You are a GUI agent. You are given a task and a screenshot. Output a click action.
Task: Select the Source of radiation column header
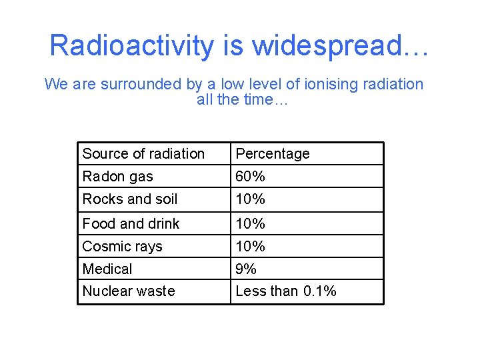(x=143, y=154)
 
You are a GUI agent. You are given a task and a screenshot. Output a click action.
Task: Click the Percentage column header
(x=273, y=154)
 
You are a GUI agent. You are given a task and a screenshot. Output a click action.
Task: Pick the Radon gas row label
(x=117, y=177)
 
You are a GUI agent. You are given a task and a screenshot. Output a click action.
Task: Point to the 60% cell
(x=251, y=177)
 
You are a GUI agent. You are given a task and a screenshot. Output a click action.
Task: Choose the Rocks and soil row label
(x=130, y=199)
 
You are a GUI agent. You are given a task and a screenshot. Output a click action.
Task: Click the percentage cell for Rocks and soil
(x=251, y=199)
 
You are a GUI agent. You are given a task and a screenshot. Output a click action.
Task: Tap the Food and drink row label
(x=131, y=224)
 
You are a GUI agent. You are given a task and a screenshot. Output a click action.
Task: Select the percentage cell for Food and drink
(x=251, y=224)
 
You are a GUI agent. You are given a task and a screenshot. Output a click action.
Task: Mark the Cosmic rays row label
(x=122, y=247)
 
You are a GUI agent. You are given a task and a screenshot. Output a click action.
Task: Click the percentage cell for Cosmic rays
(x=251, y=247)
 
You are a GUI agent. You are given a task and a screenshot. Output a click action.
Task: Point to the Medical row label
(x=107, y=269)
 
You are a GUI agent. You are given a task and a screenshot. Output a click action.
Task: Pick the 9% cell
(x=247, y=269)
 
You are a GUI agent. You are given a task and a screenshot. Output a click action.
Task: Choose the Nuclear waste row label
(x=129, y=291)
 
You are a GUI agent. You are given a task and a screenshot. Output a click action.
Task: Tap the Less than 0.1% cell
(x=286, y=291)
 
